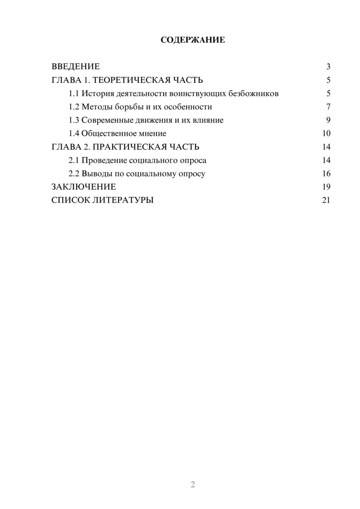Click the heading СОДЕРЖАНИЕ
[x=193, y=40]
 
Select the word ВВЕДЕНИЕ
[x=76, y=67]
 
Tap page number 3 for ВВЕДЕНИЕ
[x=328, y=67]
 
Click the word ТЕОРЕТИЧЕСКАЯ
[x=131, y=80]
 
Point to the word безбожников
[x=253, y=94]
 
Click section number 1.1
[x=74, y=94]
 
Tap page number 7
[x=328, y=107]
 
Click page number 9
[x=328, y=120]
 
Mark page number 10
[x=326, y=134]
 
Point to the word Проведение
[x=104, y=160]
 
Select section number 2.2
[x=74, y=174]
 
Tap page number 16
[x=326, y=174]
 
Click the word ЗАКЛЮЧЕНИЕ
[x=84, y=187]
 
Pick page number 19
[x=326, y=187]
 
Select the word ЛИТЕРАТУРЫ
[x=123, y=200]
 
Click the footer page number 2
[x=193, y=485]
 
